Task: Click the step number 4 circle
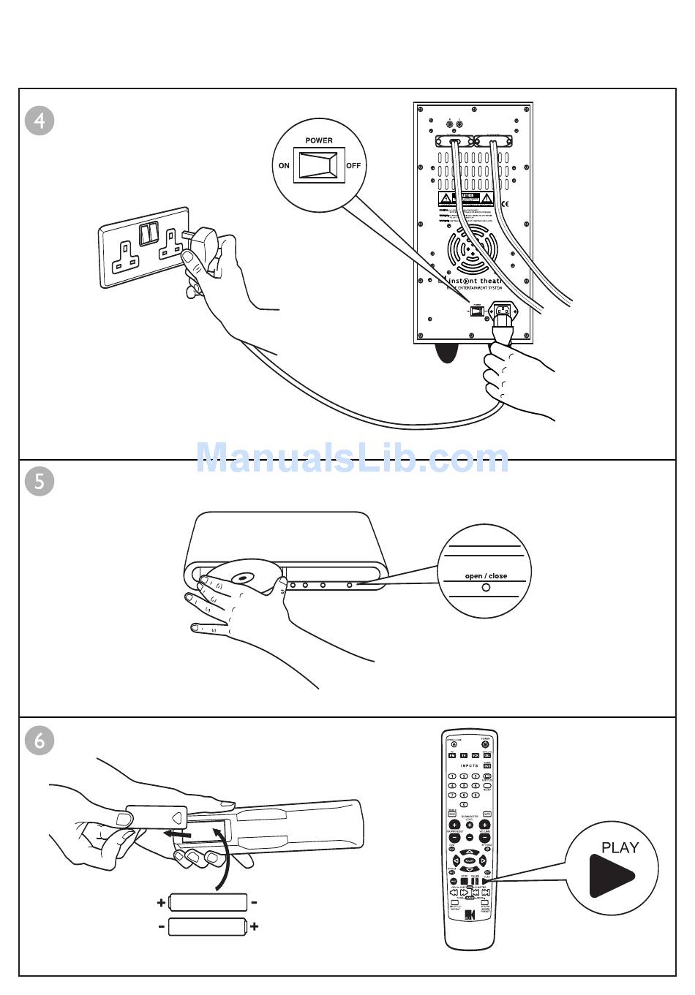pos(40,120)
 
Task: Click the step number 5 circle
pos(40,481)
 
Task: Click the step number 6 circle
pos(40,740)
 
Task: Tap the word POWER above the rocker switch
pos(318,140)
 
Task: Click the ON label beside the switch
pos(284,166)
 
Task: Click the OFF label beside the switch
pos(353,166)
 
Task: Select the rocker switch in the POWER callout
pos(318,166)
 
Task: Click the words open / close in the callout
pos(486,576)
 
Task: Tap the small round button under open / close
pos(487,587)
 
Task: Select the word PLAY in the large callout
pos(620,848)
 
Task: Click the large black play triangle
pos(609,874)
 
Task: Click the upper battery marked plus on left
pos(208,902)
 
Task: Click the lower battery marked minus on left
pos(208,927)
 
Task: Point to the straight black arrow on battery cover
pos(177,833)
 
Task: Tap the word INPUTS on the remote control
pos(469,766)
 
